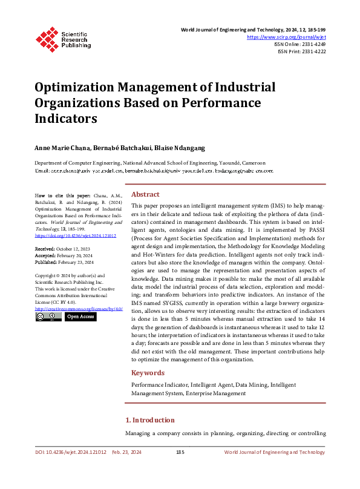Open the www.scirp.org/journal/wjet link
pyautogui.click(x=292, y=37)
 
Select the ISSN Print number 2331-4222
pyautogui.click(x=313, y=51)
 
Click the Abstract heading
pyautogui.click(x=145, y=194)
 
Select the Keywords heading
pyautogui.click(x=148, y=373)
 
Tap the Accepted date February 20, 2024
pyautogui.click(x=75, y=255)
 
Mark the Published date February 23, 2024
pyautogui.click(x=76, y=262)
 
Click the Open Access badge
pyautogui.click(x=80, y=316)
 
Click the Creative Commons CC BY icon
pyautogui.click(x=48, y=316)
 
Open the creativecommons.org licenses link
pyautogui.click(x=79, y=308)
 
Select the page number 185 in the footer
pyautogui.click(x=180, y=452)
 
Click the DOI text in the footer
pyautogui.click(x=70, y=452)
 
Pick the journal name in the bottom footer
pyautogui.click(x=274, y=452)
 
